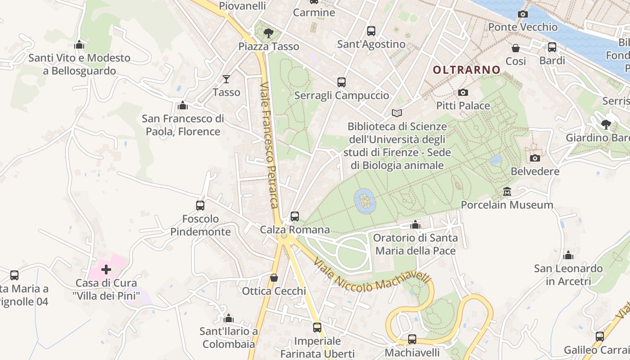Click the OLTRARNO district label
(x=466, y=70)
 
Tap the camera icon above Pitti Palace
(x=463, y=93)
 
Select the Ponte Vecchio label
(x=522, y=27)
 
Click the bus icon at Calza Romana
(x=295, y=216)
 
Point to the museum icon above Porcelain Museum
(x=507, y=192)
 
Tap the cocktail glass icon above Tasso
(x=226, y=79)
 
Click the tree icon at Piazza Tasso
(x=269, y=33)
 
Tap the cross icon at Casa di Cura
(x=106, y=270)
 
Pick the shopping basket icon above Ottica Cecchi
(x=274, y=278)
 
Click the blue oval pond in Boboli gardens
(x=364, y=201)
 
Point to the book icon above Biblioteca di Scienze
(x=396, y=113)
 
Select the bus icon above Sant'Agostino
(x=371, y=31)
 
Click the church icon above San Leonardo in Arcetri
(x=568, y=256)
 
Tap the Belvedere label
(x=535, y=171)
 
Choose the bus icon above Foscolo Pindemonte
(x=200, y=206)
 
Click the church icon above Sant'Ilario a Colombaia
(x=229, y=319)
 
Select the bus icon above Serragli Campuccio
(x=342, y=82)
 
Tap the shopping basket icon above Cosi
(x=516, y=48)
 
